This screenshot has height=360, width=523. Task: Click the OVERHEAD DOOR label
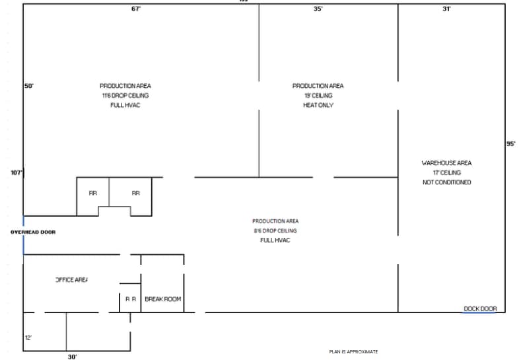click(33, 232)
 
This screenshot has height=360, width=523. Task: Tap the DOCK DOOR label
click(480, 308)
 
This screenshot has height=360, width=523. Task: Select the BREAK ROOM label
click(162, 299)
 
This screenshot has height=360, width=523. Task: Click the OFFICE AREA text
click(71, 280)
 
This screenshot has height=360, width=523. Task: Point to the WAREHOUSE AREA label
click(446, 162)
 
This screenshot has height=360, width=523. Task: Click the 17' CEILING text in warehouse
click(446, 172)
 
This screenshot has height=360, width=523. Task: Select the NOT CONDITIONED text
click(446, 182)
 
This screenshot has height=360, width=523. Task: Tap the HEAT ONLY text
click(318, 105)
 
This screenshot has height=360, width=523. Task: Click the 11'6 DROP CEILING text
click(125, 96)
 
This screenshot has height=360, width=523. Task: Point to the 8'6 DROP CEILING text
click(275, 231)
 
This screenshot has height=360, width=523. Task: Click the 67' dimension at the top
click(136, 9)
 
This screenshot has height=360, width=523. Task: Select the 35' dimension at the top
click(318, 9)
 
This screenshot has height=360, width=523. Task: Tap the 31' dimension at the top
click(446, 9)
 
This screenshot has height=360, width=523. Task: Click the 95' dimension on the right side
click(510, 143)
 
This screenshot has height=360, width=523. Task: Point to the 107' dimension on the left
click(17, 172)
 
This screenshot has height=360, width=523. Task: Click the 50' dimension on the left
click(29, 86)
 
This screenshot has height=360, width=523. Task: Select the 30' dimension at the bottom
click(72, 356)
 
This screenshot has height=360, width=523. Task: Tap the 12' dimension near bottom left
click(29, 337)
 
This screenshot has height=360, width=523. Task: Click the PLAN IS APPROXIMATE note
click(353, 351)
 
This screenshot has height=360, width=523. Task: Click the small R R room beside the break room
click(131, 299)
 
